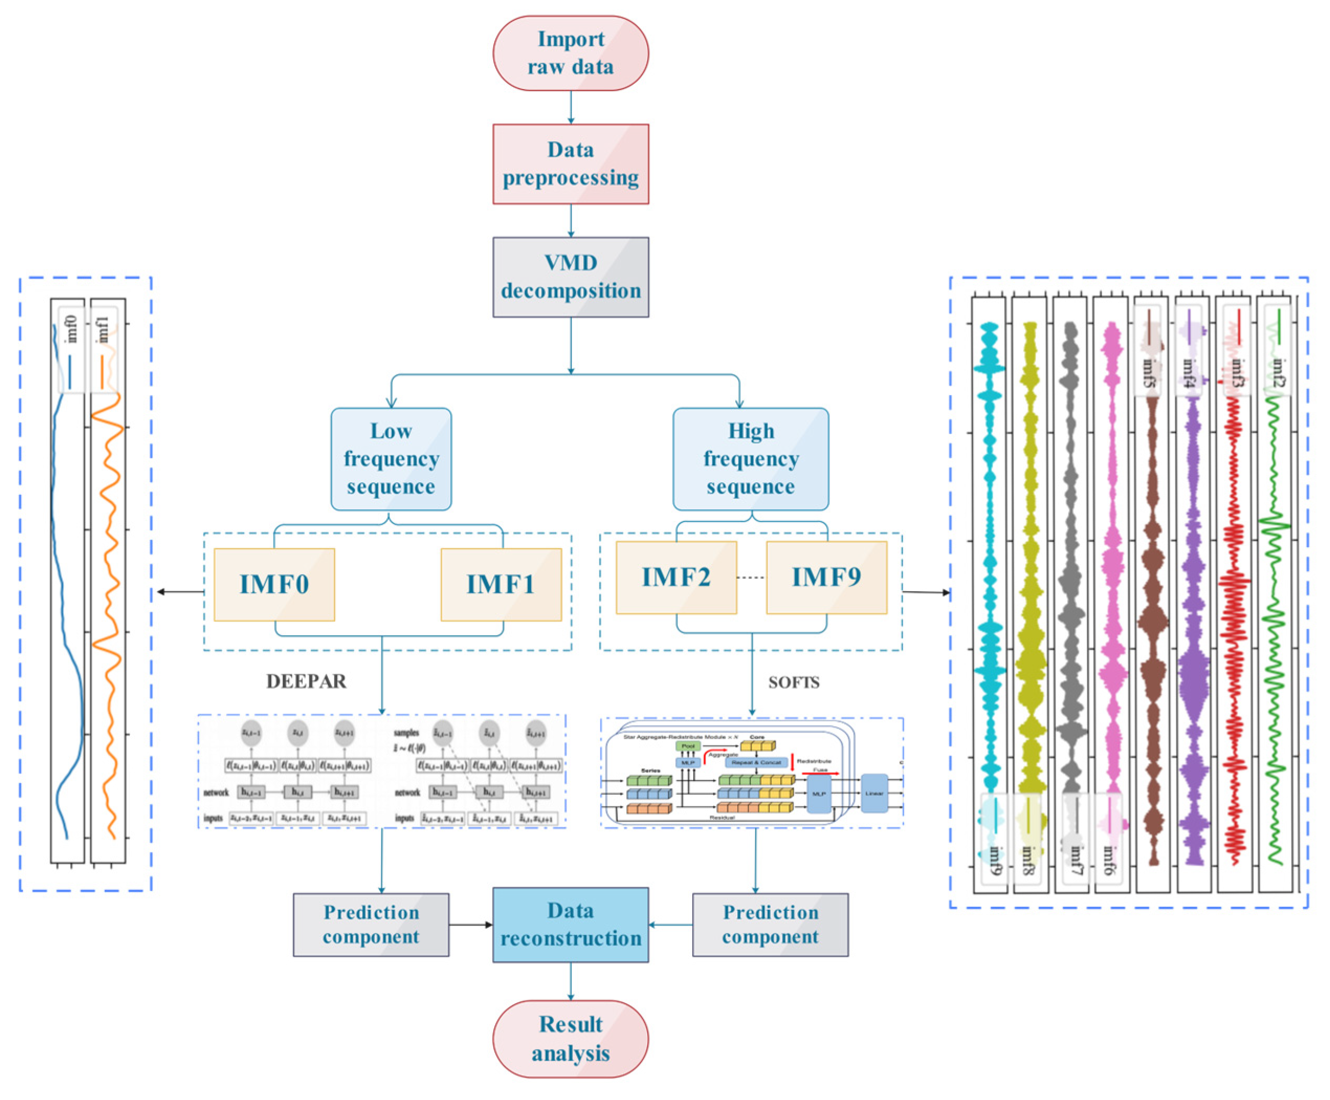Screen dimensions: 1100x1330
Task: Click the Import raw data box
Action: [571, 53]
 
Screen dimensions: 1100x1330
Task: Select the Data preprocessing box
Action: [571, 164]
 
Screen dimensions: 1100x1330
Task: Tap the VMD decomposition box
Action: [571, 277]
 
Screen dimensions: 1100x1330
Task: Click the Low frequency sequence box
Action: [391, 459]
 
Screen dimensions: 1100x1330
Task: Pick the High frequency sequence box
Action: [750, 459]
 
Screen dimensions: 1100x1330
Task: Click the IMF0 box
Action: [274, 584]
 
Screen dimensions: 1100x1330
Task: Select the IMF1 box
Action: [501, 584]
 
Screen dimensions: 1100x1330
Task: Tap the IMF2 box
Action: [676, 577]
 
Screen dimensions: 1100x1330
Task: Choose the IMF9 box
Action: [826, 577]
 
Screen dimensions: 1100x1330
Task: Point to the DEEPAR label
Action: [306, 681]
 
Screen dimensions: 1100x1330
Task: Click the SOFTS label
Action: [794, 682]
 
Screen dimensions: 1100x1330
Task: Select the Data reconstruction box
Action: [571, 925]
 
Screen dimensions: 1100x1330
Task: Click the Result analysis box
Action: [571, 1039]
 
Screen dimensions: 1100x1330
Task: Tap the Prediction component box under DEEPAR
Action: [371, 925]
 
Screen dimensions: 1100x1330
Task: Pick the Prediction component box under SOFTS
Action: [770, 925]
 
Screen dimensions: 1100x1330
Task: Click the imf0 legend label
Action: [72, 329]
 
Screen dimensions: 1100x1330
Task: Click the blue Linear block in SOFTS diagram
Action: [874, 793]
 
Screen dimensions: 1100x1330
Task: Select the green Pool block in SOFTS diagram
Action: [688, 746]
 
